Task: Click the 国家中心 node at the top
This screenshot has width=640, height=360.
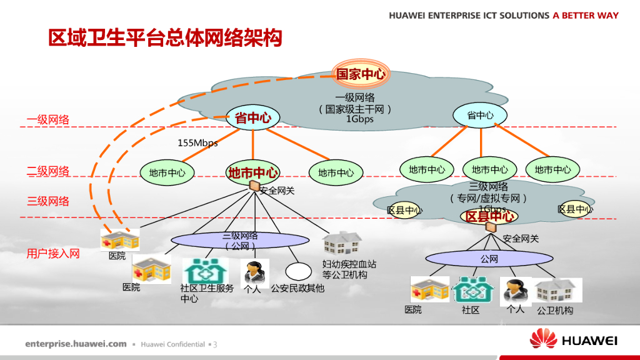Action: [x=361, y=74]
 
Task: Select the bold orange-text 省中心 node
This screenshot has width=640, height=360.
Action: [x=252, y=117]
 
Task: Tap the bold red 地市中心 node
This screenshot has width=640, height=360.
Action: [x=252, y=172]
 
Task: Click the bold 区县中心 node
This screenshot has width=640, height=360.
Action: [x=489, y=216]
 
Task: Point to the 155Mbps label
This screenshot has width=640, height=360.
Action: [x=197, y=143]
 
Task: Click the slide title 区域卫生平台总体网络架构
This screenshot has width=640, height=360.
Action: [x=165, y=38]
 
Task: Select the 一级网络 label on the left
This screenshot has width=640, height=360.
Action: [x=48, y=120]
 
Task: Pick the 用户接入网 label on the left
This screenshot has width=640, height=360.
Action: [x=53, y=254]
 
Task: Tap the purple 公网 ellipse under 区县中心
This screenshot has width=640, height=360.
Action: [x=489, y=259]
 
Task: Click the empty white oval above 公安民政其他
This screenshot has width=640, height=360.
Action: [x=298, y=271]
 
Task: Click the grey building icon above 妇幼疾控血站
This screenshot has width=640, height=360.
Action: [x=342, y=244]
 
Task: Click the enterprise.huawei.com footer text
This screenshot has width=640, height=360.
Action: [x=76, y=344]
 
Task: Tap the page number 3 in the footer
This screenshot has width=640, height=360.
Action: [x=215, y=344]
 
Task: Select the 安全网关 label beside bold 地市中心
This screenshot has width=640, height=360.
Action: [x=277, y=191]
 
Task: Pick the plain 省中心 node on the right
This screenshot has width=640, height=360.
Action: [x=480, y=116]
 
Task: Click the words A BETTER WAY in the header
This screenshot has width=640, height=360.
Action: [x=586, y=15]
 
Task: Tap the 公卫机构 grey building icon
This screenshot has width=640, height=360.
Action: [x=555, y=291]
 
